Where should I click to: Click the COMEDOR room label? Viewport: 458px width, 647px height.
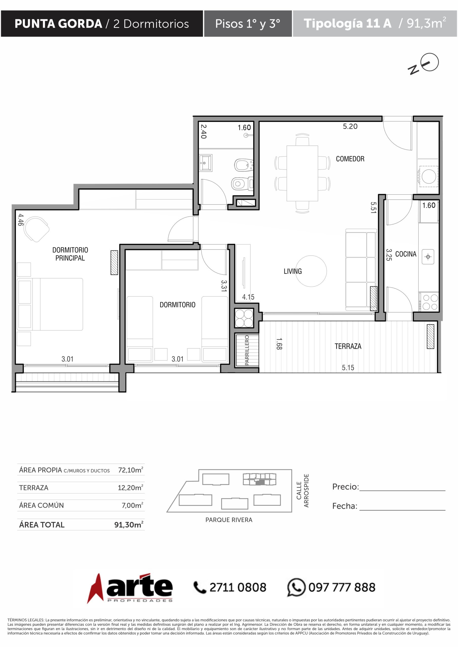350,159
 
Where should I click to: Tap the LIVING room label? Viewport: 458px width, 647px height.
292,271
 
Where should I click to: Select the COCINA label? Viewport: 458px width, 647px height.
406,254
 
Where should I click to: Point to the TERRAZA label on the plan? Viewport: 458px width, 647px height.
348,346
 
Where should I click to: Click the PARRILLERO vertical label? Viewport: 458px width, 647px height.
247,350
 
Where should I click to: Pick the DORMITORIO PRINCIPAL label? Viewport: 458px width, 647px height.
70,254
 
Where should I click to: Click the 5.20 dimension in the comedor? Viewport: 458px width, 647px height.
350,127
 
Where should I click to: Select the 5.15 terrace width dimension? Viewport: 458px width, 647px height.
348,367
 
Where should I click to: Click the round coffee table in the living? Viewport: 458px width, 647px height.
311,271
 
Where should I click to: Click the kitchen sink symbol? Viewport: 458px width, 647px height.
428,257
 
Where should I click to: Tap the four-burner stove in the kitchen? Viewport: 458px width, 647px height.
428,302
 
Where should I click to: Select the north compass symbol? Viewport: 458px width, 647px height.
423,64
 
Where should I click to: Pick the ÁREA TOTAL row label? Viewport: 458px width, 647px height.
42,525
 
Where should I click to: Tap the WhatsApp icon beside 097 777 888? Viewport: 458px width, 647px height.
296,587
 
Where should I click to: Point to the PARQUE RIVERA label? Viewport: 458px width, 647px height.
229,520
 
